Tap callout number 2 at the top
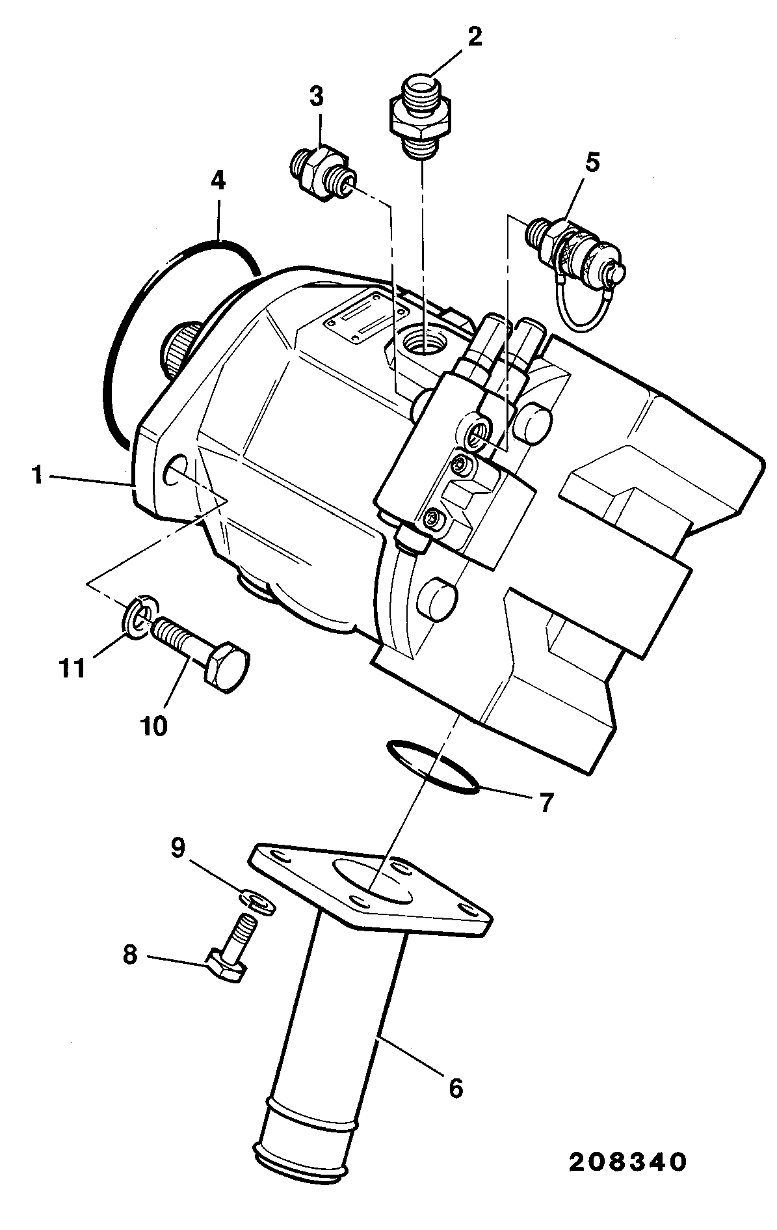[475, 37]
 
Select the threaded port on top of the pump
[422, 340]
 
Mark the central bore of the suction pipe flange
[372, 880]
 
